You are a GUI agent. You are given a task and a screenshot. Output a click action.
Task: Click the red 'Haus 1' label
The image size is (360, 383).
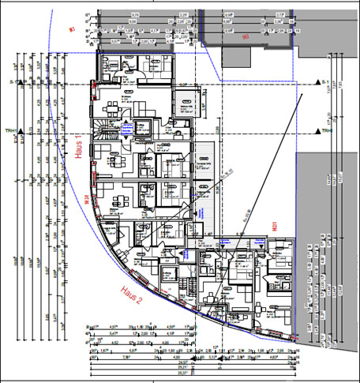pos(80,148)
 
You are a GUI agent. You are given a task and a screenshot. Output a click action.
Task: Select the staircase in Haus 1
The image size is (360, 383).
pos(107,126)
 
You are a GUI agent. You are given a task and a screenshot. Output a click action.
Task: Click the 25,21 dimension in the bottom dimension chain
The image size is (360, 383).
pos(182,368)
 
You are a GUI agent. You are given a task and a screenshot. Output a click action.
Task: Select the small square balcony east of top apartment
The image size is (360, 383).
pos(186,100)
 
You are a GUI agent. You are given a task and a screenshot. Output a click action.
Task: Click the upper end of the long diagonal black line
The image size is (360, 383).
pos(305,88)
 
